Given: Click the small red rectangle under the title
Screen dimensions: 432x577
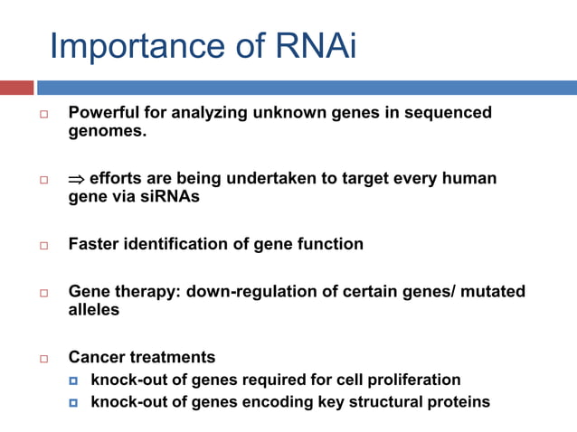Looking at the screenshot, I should (x=16, y=88).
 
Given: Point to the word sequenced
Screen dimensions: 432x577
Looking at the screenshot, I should (x=449, y=113).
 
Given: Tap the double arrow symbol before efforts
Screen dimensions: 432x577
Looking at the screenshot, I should (x=76, y=179).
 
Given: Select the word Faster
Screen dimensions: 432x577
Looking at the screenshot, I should (x=95, y=244).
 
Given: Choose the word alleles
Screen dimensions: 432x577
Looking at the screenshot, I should (x=93, y=310).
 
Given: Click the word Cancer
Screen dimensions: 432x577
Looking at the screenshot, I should (x=97, y=357).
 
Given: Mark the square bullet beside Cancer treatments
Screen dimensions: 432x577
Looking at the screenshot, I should (x=43, y=359).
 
